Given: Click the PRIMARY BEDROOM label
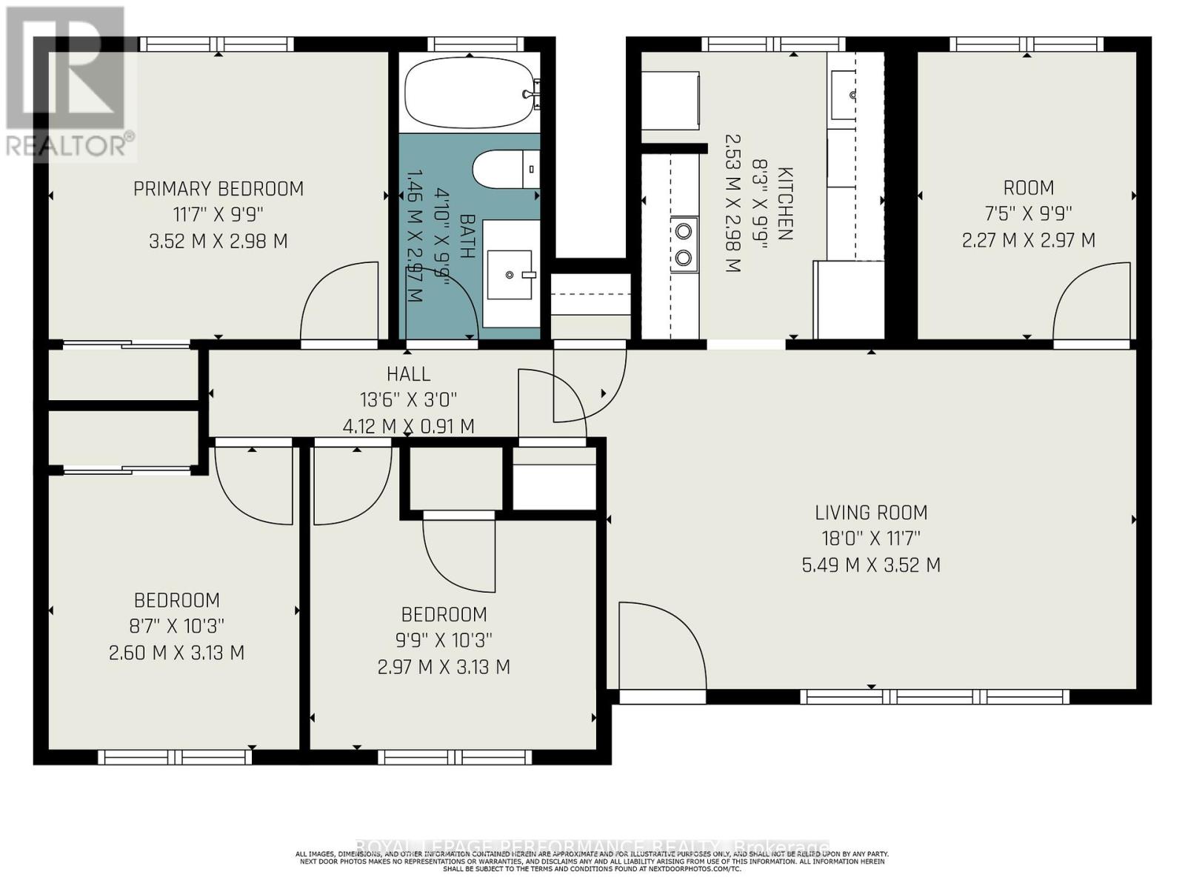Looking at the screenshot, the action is [218, 189].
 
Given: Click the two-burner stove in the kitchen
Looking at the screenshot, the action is [684, 244].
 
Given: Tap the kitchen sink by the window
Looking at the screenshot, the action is [851, 94].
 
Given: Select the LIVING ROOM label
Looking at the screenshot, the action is [871, 513].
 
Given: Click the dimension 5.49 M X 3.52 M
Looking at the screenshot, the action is [871, 565].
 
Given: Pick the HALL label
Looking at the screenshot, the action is [408, 374].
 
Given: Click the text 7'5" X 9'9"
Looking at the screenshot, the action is [1028, 213].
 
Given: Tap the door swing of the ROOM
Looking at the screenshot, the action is [1089, 304].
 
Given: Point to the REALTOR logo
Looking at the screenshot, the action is [70, 81].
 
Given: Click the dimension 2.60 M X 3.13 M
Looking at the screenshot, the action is [176, 653].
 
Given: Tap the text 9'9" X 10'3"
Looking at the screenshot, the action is [444, 640].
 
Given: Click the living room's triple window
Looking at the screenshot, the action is [935, 696].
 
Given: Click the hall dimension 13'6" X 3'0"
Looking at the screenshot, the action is [408, 400].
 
